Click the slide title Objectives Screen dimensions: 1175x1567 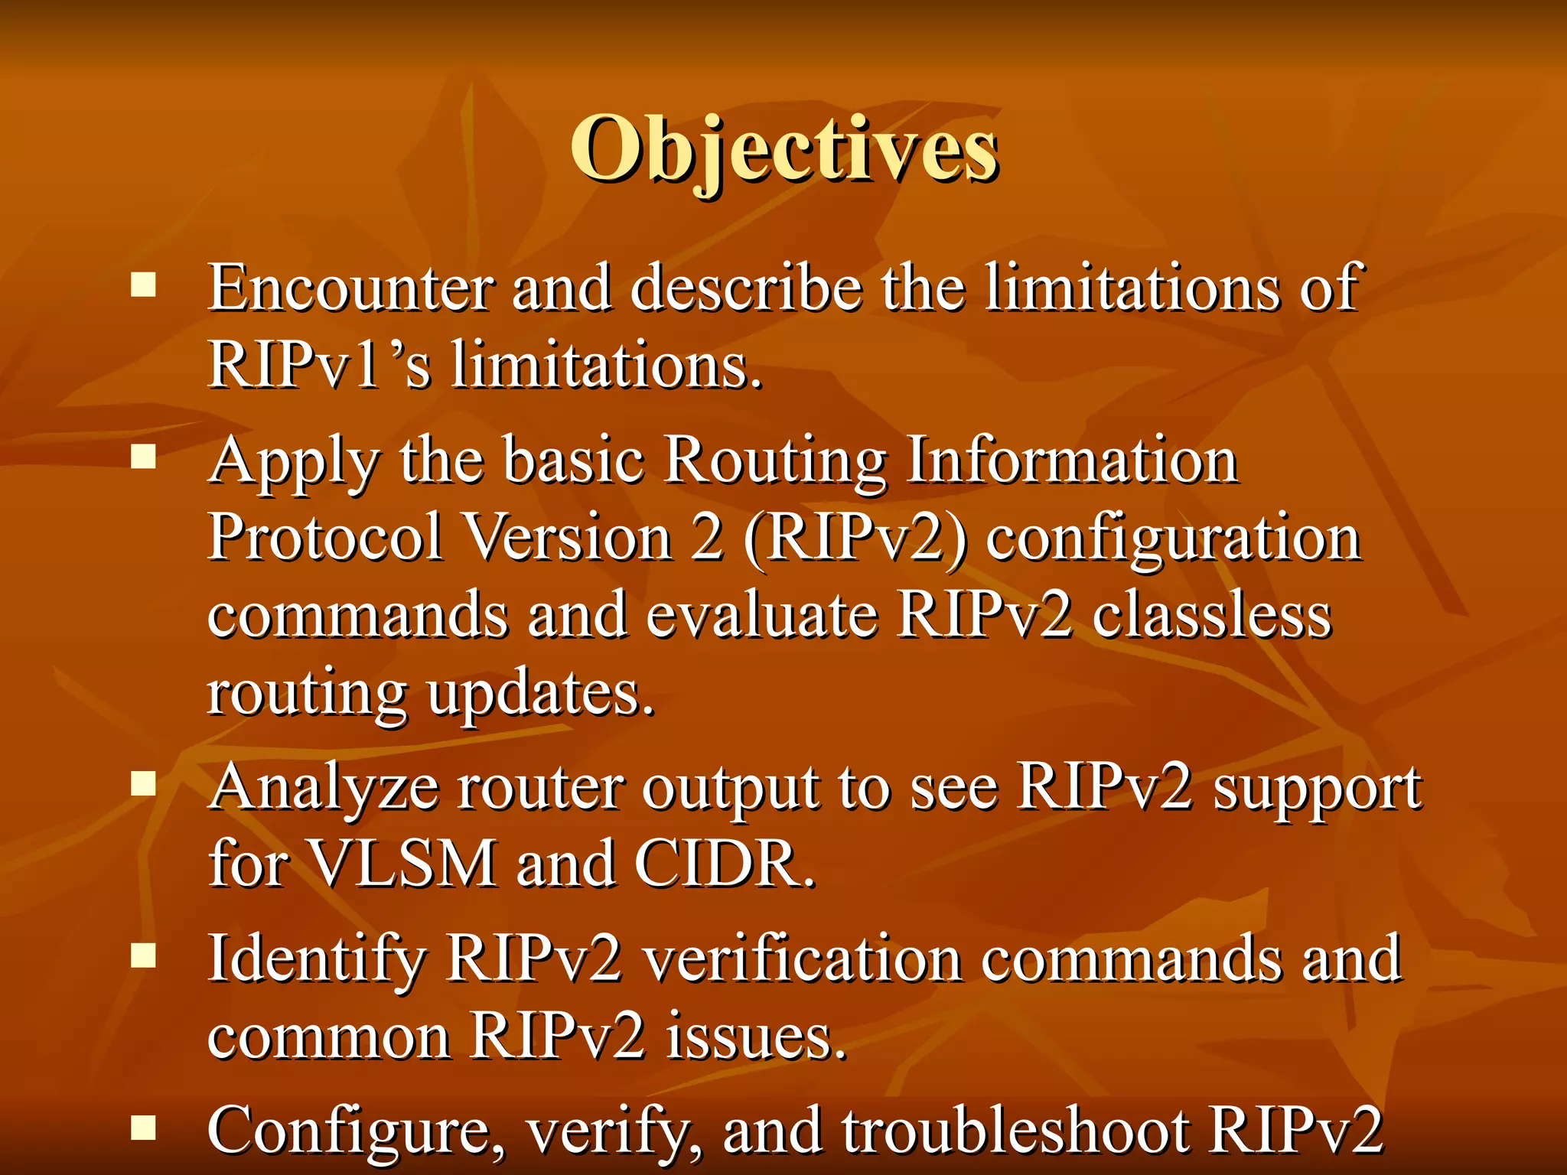click(783, 149)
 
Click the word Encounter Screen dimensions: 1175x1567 click(350, 288)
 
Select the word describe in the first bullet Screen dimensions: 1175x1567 click(746, 288)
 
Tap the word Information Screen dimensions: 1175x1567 click(1071, 461)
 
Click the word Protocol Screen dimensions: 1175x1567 click(326, 537)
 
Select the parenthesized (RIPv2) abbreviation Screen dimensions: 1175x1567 click(855, 539)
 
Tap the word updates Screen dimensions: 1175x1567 click(540, 695)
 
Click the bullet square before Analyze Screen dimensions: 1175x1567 click(143, 783)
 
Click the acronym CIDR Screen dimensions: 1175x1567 click(724, 864)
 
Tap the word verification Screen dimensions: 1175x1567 click(801, 959)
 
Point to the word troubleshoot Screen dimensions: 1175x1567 click(1016, 1131)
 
